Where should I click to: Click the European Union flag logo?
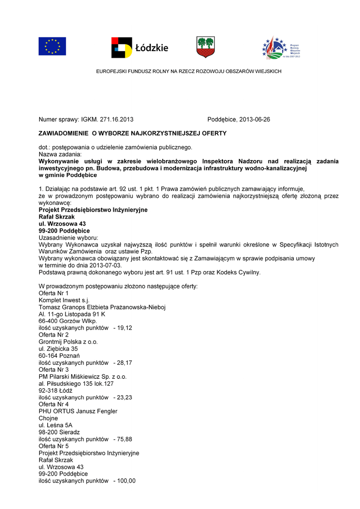(52, 46)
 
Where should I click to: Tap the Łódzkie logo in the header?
(140, 47)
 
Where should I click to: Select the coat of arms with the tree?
(205, 47)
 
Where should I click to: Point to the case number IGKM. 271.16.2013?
(109, 120)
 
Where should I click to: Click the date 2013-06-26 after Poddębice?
(255, 120)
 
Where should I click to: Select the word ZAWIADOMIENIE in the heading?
(63, 133)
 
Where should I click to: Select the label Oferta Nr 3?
(54, 370)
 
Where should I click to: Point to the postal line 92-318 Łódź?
(56, 391)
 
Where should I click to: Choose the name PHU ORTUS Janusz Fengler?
(78, 412)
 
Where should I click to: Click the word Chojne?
(48, 419)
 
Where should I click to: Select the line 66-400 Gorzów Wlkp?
(68, 321)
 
